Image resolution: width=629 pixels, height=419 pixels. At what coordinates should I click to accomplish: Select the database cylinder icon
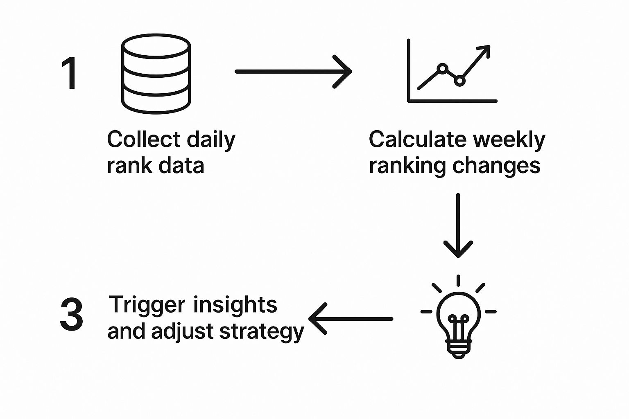(156, 74)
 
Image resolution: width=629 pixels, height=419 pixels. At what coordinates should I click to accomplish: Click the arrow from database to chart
(293, 72)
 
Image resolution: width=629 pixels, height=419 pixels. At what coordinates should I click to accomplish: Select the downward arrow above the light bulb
(458, 225)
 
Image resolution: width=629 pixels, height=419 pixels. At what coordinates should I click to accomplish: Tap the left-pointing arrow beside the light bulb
(351, 318)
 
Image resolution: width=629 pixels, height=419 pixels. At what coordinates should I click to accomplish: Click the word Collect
(144, 139)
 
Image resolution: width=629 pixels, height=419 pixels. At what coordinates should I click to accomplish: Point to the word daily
(211, 141)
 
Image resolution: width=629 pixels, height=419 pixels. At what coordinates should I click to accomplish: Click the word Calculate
(418, 139)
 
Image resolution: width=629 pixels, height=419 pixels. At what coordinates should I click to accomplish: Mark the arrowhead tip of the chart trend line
(490, 46)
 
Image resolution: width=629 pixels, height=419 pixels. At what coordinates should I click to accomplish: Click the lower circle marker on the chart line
(460, 81)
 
